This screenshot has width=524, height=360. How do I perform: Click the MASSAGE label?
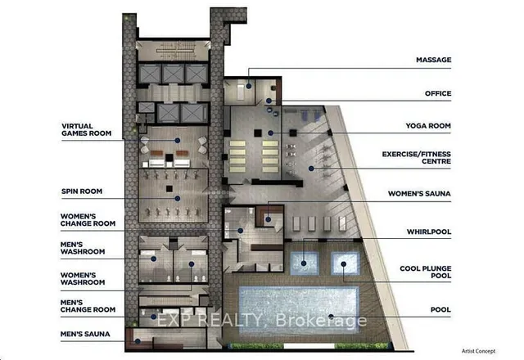(x=433, y=60)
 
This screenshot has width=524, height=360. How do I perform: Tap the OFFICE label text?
(x=438, y=93)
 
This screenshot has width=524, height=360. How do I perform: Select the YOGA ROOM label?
(x=428, y=126)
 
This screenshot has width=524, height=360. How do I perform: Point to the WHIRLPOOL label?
(x=429, y=232)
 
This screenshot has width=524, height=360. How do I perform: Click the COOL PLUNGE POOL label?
(x=426, y=272)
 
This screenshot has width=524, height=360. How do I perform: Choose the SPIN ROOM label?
(x=82, y=191)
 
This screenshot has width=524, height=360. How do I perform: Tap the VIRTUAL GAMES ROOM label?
(x=86, y=129)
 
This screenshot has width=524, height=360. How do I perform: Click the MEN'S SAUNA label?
(x=85, y=334)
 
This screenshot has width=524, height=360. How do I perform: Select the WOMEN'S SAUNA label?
(x=419, y=194)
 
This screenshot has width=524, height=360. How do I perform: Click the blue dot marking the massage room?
(x=249, y=86)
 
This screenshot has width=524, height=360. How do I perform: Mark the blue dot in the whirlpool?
(x=304, y=263)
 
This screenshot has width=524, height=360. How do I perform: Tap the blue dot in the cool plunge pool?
(x=344, y=264)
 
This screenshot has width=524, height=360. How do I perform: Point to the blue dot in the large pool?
(x=331, y=317)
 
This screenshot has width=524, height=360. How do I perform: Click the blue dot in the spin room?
(x=178, y=199)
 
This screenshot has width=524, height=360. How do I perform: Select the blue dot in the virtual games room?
(x=178, y=141)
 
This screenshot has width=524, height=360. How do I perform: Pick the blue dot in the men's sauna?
(x=138, y=341)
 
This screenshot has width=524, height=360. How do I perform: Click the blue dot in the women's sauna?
(x=268, y=219)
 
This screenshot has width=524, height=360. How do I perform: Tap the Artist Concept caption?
(x=478, y=351)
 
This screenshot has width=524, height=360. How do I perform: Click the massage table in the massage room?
(x=240, y=91)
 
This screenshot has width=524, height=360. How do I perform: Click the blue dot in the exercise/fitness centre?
(x=311, y=169)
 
